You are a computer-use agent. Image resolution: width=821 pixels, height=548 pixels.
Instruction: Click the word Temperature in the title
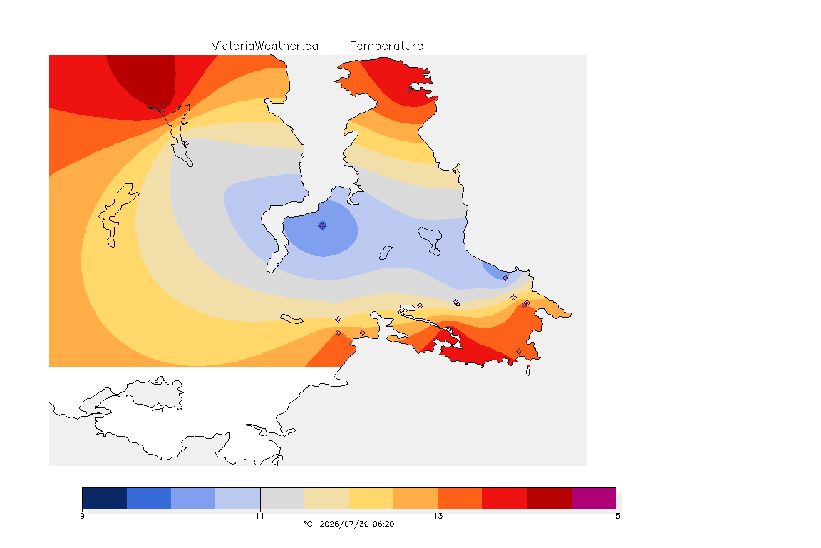pyautogui.click(x=386, y=46)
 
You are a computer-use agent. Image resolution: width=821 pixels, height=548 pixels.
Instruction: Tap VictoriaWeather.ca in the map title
pyautogui.click(x=265, y=46)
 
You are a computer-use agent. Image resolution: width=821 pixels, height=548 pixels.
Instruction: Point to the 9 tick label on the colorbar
pyautogui.click(x=82, y=516)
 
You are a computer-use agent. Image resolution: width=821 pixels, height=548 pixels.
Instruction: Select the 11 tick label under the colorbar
pyautogui.click(x=260, y=516)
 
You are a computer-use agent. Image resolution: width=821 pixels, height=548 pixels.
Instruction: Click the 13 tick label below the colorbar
pyautogui.click(x=438, y=516)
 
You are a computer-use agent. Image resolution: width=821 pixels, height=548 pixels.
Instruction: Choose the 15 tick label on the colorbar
pyautogui.click(x=616, y=516)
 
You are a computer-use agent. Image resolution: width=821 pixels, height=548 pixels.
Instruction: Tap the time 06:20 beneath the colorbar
pyautogui.click(x=384, y=524)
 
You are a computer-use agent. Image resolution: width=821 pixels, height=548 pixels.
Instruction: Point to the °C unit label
pyautogui.click(x=309, y=524)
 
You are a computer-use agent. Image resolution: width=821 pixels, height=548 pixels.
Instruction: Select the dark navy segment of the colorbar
pyautogui.click(x=105, y=498)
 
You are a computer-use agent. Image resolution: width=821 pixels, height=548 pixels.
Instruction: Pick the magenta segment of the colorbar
pyautogui.click(x=593, y=498)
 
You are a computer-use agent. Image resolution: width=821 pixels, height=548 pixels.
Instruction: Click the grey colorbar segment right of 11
pyautogui.click(x=282, y=498)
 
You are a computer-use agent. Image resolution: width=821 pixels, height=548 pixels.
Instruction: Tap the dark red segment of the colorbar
pyautogui.click(x=549, y=498)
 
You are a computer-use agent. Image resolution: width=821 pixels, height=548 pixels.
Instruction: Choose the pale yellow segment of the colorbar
pyautogui.click(x=371, y=498)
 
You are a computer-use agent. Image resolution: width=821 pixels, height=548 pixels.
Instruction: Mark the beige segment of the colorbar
pyautogui.click(x=326, y=498)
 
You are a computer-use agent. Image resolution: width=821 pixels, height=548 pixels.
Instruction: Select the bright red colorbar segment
pyautogui.click(x=505, y=498)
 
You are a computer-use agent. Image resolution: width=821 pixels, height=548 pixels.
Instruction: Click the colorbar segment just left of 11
pyautogui.click(x=238, y=498)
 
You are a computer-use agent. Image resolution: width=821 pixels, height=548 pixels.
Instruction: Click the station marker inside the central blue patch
pyautogui.click(x=323, y=226)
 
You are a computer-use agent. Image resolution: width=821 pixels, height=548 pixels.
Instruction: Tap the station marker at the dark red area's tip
pyautogui.click(x=165, y=105)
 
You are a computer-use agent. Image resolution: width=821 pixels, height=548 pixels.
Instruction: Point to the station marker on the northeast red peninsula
pyautogui.click(x=410, y=90)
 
